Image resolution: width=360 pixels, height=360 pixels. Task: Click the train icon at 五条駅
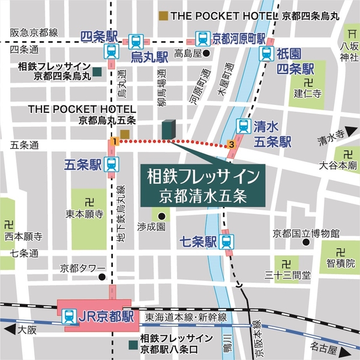111,164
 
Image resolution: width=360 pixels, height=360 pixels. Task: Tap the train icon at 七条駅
226,242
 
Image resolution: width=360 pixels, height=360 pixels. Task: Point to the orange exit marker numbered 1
113,141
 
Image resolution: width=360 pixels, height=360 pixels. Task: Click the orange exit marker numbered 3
232,144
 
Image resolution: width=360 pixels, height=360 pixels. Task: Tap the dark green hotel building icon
169,129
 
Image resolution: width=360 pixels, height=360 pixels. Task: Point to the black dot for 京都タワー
103,278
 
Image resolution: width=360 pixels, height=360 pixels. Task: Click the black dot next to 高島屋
206,53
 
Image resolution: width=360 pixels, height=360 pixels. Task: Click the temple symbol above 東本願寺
89,200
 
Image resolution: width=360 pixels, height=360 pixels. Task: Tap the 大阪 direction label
27,329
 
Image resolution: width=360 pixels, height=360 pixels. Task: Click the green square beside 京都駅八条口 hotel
133,344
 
